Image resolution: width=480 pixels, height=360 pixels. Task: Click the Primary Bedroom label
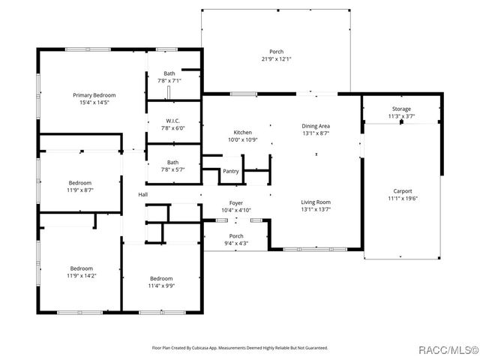pyautogui.click(x=94, y=95)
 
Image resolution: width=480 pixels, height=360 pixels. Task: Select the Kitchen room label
pyautogui.click(x=242, y=132)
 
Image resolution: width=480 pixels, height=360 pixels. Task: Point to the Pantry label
pyautogui.click(x=231, y=171)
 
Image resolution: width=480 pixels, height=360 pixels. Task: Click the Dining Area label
pyautogui.click(x=316, y=126)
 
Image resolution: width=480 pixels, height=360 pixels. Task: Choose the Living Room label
pyautogui.click(x=316, y=202)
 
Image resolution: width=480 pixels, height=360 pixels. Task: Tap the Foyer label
pyautogui.click(x=236, y=203)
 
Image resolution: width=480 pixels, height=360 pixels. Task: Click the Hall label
pyautogui.click(x=142, y=195)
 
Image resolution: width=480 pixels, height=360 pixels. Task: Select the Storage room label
pyautogui.click(x=400, y=109)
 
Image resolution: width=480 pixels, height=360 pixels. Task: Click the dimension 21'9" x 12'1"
pyautogui.click(x=277, y=58)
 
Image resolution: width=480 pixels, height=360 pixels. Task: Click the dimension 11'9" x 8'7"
pyautogui.click(x=80, y=190)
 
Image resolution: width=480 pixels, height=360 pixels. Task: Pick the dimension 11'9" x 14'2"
pyautogui.click(x=82, y=275)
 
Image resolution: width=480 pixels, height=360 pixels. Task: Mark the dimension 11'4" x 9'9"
pyautogui.click(x=161, y=286)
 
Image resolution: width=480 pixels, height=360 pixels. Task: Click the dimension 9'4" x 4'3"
pyautogui.click(x=236, y=244)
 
